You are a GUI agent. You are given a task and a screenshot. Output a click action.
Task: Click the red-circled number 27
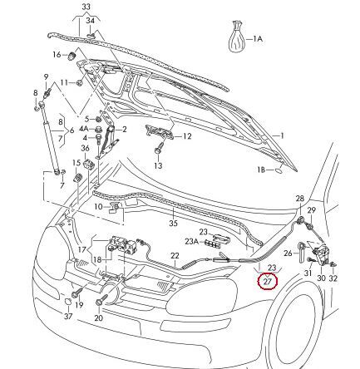point(267,282)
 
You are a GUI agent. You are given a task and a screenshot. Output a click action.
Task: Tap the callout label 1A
point(258,39)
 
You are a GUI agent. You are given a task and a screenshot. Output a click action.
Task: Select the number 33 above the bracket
point(86,7)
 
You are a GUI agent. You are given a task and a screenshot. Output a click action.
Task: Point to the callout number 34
point(90,21)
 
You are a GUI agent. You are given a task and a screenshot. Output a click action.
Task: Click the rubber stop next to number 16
point(72,57)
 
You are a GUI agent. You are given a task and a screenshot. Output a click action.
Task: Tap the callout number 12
point(187,136)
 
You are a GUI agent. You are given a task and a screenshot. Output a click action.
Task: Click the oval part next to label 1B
point(279,170)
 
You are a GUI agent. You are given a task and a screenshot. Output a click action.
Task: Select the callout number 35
point(173,223)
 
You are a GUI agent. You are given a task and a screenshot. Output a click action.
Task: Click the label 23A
point(192,242)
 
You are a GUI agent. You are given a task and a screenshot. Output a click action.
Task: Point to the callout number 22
point(175,256)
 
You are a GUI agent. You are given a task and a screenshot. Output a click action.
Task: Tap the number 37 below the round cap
point(68,316)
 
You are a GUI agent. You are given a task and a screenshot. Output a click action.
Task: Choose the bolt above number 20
point(101,299)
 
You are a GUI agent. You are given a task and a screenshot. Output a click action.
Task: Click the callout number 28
point(299,199)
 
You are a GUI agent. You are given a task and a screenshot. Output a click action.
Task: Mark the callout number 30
point(321,278)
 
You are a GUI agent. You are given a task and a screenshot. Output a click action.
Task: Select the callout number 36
point(85,148)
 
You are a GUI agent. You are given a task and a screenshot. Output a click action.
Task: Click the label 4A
point(84,129)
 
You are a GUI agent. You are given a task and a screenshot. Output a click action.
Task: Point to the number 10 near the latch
point(98,207)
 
